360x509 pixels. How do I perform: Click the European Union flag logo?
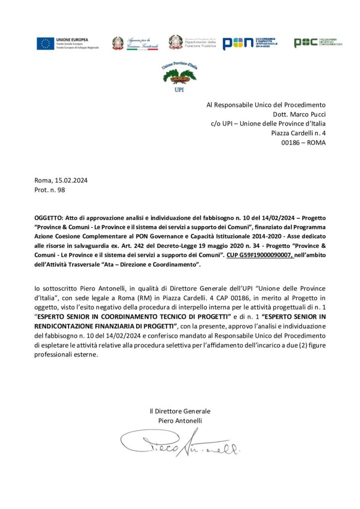(45, 44)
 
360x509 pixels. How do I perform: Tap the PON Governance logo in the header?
(249, 43)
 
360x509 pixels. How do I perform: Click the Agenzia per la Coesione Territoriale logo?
(135, 43)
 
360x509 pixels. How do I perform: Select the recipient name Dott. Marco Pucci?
(298, 114)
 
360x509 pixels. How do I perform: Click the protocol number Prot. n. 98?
(50, 189)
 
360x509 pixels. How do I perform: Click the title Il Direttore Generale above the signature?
(180, 411)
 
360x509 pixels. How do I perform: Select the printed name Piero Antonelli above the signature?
(180, 421)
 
